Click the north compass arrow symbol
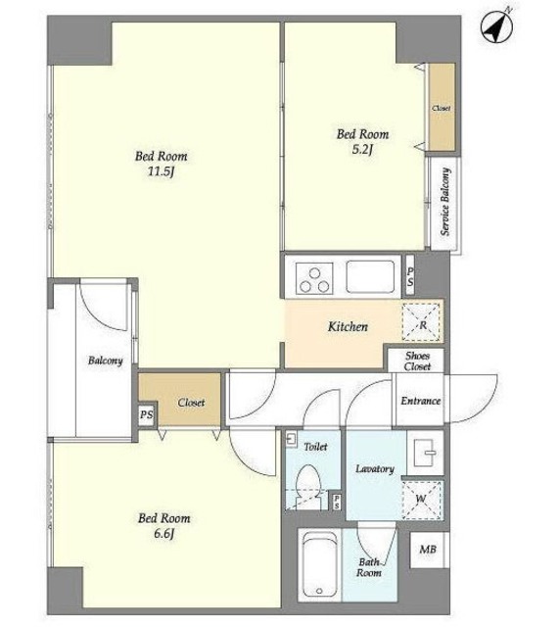pos(496,27)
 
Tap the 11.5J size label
pos(161,172)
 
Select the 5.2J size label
pos(362,150)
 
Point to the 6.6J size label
pos(163,534)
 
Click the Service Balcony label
pos(445,202)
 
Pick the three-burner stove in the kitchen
pos(314,277)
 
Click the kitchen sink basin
pos(370,276)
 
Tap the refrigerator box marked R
pos(423,322)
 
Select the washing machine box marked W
pos(422,500)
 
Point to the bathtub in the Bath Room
pos(320,564)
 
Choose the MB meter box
pos(428,550)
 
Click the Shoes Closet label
pos(418,362)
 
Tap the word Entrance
pos(421,401)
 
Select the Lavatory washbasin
pos(425,453)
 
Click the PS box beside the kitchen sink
pos(410,276)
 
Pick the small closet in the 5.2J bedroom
pos(442,107)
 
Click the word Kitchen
pos(348,326)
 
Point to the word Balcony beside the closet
pos(105,361)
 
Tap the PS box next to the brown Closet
pos(146,415)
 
